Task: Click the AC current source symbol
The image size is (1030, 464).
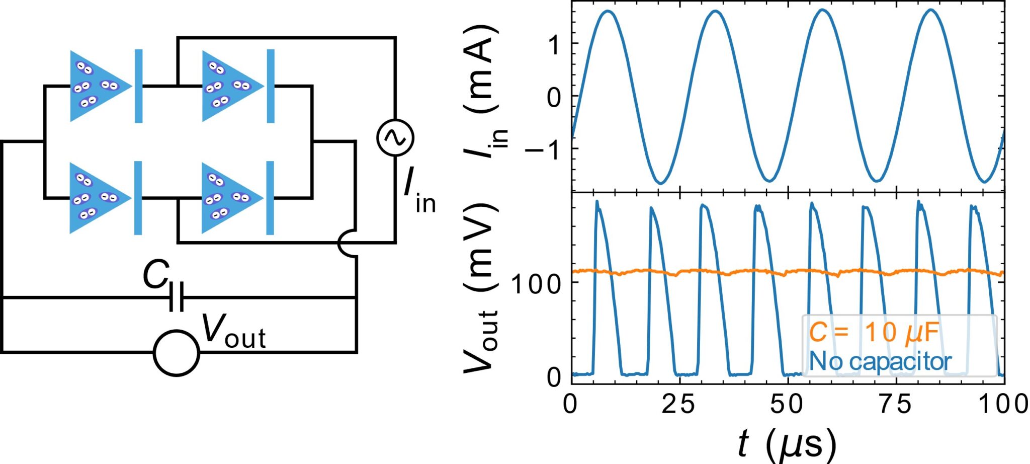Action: (395, 137)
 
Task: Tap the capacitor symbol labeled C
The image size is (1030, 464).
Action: (176, 297)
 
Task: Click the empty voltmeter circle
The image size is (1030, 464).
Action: (177, 353)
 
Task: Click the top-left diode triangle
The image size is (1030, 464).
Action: (96, 86)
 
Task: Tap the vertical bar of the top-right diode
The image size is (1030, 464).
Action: (271, 86)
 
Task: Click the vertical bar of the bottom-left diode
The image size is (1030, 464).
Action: (138, 198)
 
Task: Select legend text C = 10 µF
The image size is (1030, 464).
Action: (874, 333)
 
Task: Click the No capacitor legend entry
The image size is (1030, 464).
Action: (880, 361)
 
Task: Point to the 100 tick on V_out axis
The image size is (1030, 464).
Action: (536, 284)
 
